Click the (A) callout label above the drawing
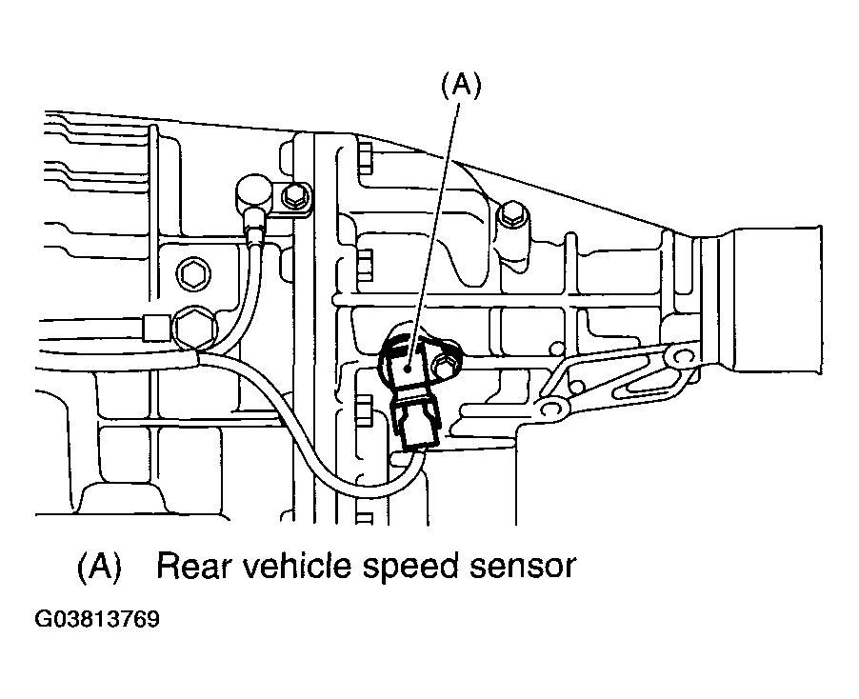(461, 87)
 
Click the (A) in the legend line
(99, 567)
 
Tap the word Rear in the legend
(192, 567)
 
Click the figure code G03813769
(97, 619)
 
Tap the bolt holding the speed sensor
(443, 367)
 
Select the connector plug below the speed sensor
(416, 422)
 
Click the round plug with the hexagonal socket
(194, 275)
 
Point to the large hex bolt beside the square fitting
(195, 329)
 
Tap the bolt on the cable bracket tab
(293, 197)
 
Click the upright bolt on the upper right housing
(512, 222)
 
